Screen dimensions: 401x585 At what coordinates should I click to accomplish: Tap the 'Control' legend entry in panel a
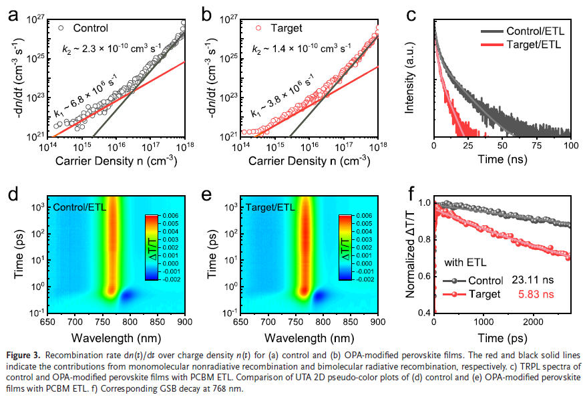(x=90, y=28)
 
